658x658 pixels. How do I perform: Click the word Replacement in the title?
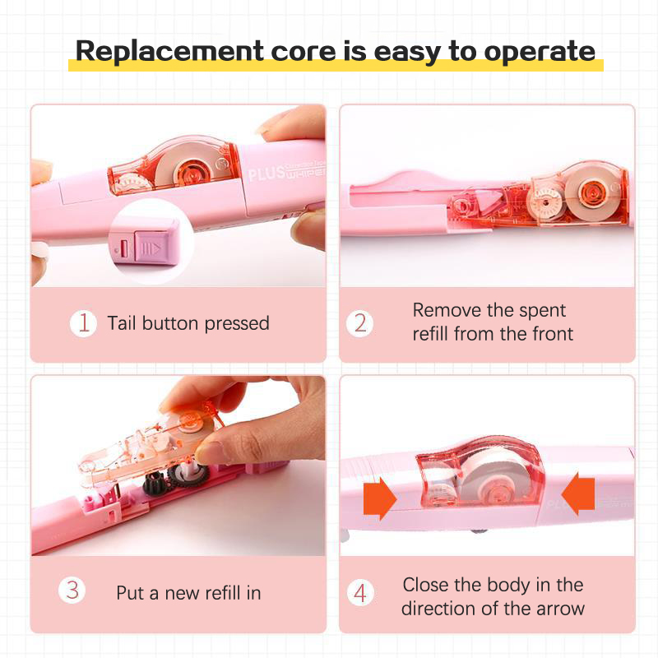(169, 51)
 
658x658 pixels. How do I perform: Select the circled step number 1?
(84, 323)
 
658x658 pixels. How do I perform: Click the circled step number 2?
(359, 323)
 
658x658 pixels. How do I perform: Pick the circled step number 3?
(72, 591)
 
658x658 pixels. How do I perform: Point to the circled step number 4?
(360, 592)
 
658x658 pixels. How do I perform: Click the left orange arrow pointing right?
(380, 498)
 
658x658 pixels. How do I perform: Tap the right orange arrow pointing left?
(578, 494)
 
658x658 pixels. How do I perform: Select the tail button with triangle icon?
(151, 248)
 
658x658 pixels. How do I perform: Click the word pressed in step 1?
(237, 324)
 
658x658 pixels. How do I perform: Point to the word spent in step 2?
(542, 312)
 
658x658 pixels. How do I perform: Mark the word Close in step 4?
(424, 585)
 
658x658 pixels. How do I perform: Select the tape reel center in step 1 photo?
(191, 171)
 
